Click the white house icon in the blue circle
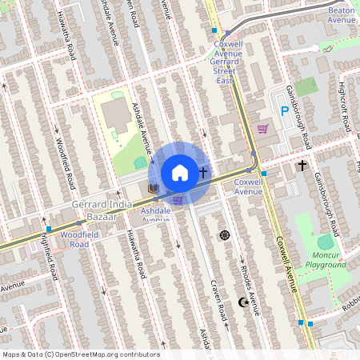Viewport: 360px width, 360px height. pos(179,172)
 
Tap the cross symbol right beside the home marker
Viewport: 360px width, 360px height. pos(203,172)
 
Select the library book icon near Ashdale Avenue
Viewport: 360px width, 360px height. pos(153,188)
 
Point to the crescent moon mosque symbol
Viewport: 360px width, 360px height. pos(243,302)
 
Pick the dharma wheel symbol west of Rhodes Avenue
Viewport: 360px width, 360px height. pos(224,235)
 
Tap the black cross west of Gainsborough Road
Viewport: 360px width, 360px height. pos(302,166)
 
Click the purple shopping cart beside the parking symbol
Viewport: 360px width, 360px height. pos(262,128)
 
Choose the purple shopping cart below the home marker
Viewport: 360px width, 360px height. pos(178,199)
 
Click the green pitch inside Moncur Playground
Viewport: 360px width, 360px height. pos(325,241)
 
